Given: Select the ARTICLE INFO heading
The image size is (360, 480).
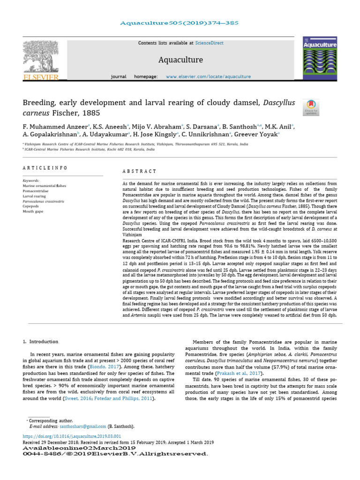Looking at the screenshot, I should coord(45,168).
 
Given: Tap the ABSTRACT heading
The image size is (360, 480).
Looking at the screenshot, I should coord(139,172).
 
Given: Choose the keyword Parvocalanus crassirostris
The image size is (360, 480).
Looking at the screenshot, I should coord(44,201).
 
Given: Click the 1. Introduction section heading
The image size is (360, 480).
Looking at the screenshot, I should coord(41,342).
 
